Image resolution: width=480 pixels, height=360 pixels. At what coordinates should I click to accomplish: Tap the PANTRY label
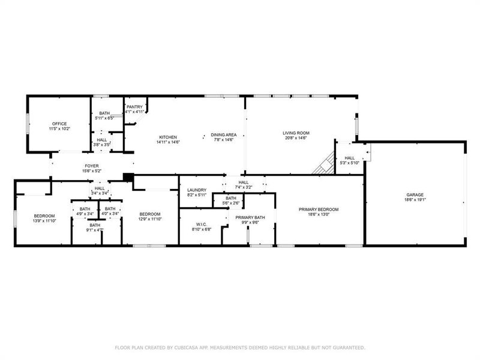134,107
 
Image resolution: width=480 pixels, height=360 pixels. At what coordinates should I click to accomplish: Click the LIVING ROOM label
295,133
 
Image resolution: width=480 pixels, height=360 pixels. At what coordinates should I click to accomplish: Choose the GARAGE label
415,194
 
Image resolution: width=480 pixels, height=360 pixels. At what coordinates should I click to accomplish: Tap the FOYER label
92,166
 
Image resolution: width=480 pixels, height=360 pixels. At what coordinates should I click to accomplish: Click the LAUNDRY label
197,190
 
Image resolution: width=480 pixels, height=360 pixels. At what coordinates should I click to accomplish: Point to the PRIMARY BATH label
250,217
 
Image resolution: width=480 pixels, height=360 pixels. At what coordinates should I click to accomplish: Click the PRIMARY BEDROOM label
319,209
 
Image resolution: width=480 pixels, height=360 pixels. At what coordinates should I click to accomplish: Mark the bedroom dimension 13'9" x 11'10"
44,221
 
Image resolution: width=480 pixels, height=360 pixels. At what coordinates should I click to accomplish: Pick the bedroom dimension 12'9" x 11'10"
150,220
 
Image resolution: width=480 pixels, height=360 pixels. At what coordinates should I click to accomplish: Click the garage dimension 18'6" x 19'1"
415,200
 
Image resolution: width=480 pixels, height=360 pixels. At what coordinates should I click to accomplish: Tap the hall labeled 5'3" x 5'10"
349,163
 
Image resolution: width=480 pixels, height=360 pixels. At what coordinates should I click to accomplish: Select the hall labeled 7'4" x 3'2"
244,187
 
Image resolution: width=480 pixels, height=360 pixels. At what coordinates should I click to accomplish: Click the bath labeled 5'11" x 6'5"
104,118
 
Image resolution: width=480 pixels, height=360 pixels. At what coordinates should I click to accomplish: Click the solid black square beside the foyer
127,177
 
